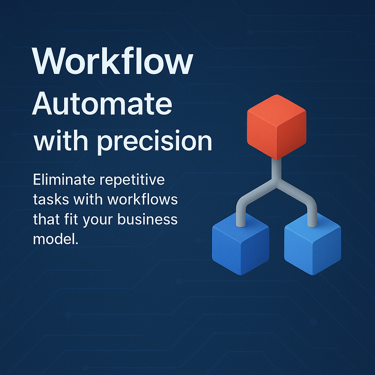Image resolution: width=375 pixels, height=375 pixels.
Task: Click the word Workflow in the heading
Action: [112, 62]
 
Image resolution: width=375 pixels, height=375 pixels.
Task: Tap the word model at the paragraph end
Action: [54, 239]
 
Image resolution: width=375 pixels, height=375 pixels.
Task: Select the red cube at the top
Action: [276, 126]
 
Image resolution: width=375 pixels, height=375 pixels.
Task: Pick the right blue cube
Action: [312, 244]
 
